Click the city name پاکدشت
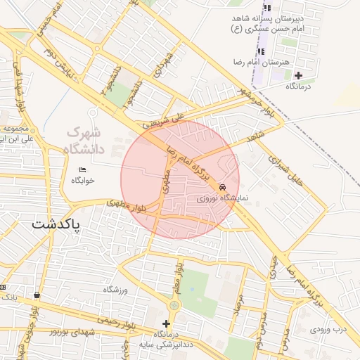[x=57, y=225]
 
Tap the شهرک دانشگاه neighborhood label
[x=85, y=141]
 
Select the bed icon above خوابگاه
[x=83, y=169]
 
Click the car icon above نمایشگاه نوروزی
[x=222, y=188]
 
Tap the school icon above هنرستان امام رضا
[x=262, y=51]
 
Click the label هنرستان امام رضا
[x=262, y=63]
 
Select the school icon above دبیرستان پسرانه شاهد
[x=262, y=12]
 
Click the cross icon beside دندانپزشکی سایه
[x=166, y=324]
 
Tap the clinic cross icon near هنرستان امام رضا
[x=299, y=75]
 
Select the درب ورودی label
[x=330, y=328]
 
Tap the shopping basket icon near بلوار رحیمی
[x=36, y=296]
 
